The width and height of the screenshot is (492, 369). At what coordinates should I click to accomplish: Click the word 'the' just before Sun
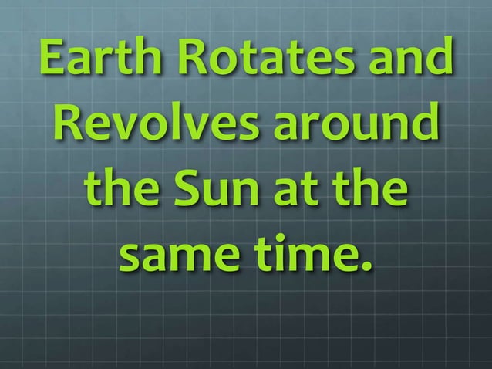tap(123, 189)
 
